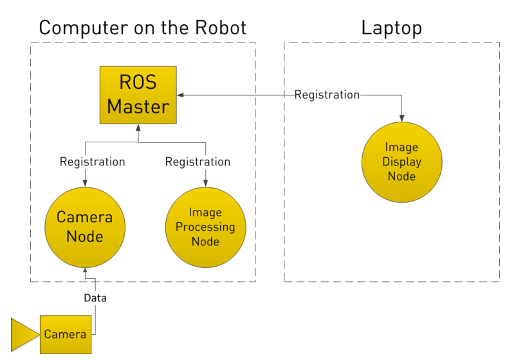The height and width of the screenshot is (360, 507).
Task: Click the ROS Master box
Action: click(138, 95)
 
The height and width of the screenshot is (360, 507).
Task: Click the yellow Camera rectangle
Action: click(65, 334)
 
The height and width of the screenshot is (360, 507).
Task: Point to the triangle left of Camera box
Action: click(24, 334)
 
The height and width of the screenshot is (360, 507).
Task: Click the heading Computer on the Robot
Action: click(142, 28)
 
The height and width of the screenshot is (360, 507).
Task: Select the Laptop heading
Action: click(391, 28)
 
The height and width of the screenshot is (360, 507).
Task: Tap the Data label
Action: click(95, 298)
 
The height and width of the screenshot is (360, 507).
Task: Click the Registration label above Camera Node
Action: click(92, 162)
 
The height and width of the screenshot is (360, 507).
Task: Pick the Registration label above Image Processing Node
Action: click(198, 162)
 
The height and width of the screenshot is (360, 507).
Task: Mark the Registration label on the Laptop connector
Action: click(327, 95)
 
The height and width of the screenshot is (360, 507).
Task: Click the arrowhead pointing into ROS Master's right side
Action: click(181, 95)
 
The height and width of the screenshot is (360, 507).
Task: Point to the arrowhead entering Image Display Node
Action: click(402, 117)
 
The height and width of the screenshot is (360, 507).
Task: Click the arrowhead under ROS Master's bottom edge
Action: click(138, 128)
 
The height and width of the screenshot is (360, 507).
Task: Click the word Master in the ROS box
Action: click(138, 106)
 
